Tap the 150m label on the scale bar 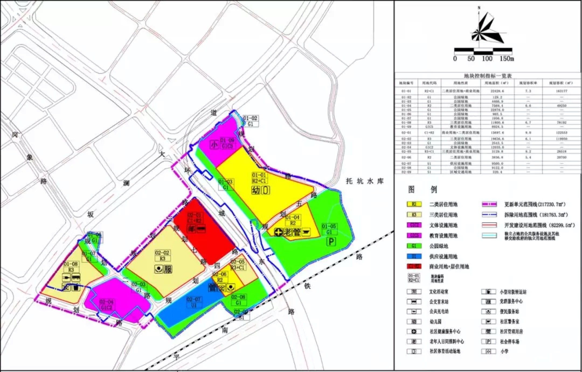pos(507,59)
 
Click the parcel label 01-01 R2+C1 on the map pos(259,178)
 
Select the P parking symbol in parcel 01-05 pos(331,241)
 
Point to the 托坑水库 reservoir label pos(365,181)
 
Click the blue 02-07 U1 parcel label pos(193,302)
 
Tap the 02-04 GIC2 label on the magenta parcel pos(106,305)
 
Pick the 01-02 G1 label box pos(250,121)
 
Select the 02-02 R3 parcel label pos(162,256)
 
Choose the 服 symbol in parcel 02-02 pos(168,269)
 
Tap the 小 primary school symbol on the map pos(214,145)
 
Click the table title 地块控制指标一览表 pos(488,76)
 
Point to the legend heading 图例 pos(422,189)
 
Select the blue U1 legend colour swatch pos(414,256)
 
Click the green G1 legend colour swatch pos(414,246)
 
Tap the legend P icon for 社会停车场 pos(488,342)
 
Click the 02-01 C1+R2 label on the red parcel pos(194,218)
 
